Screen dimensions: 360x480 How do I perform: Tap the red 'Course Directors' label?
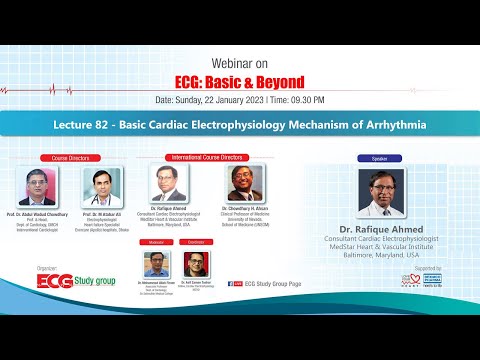pyautogui.click(x=70, y=158)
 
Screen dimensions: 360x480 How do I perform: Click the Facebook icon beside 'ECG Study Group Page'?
pyautogui.click(x=233, y=283)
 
